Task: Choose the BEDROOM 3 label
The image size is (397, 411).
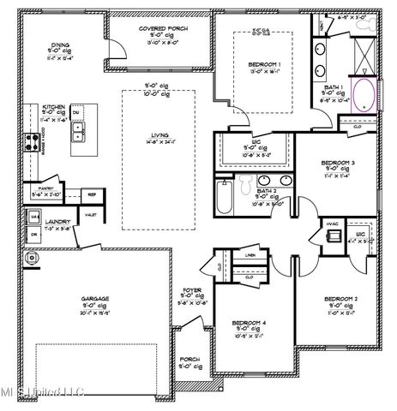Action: [338, 163]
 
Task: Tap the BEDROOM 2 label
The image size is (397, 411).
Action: [340, 299]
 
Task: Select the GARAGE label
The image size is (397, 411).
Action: [94, 299]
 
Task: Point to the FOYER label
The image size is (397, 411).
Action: [192, 290]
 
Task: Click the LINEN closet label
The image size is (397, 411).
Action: [250, 255]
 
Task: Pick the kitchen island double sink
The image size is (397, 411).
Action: [78, 130]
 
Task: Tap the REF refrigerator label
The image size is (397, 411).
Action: [91, 194]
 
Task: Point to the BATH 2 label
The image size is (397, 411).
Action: [264, 191]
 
